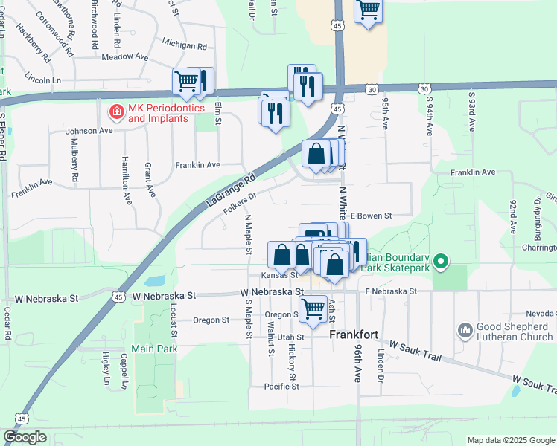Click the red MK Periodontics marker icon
[x=116, y=112]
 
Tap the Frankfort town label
[x=356, y=335]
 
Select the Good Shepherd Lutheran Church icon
[x=465, y=329]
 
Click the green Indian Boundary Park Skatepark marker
[x=441, y=261]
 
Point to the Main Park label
[x=152, y=349]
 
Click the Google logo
[x=25, y=437]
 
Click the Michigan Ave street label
[x=183, y=45]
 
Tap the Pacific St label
[x=281, y=387]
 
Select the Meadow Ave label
[x=125, y=56]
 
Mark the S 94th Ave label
[x=430, y=114]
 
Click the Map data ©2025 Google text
[x=510, y=440]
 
